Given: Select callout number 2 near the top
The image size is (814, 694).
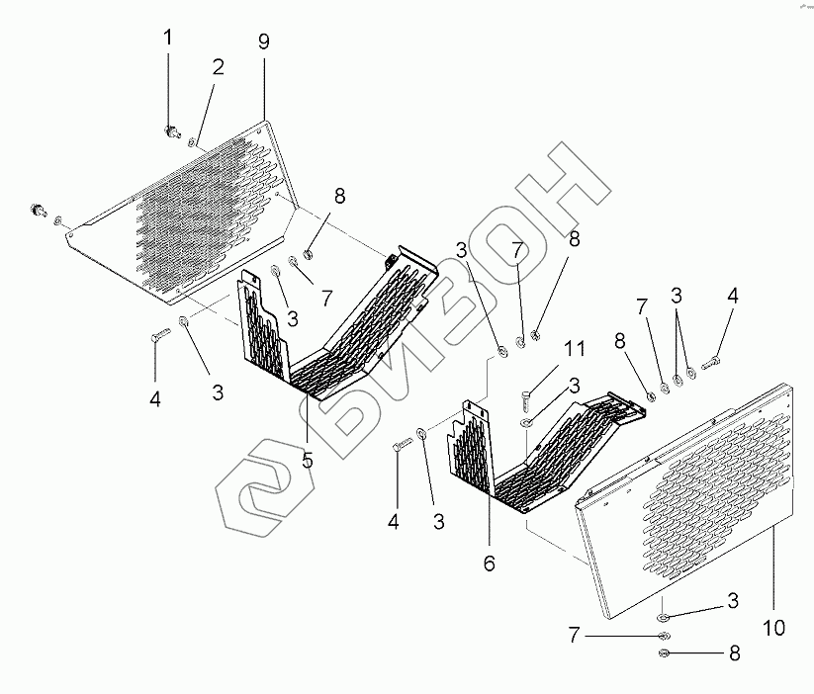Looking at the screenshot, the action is click(218, 67).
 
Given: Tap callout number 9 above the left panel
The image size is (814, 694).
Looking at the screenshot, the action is click(262, 43).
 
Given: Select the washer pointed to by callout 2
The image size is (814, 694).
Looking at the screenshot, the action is click(193, 144).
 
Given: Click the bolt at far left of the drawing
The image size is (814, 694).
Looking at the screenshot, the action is click(40, 210).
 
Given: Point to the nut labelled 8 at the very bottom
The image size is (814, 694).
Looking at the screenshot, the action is click(664, 654).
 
